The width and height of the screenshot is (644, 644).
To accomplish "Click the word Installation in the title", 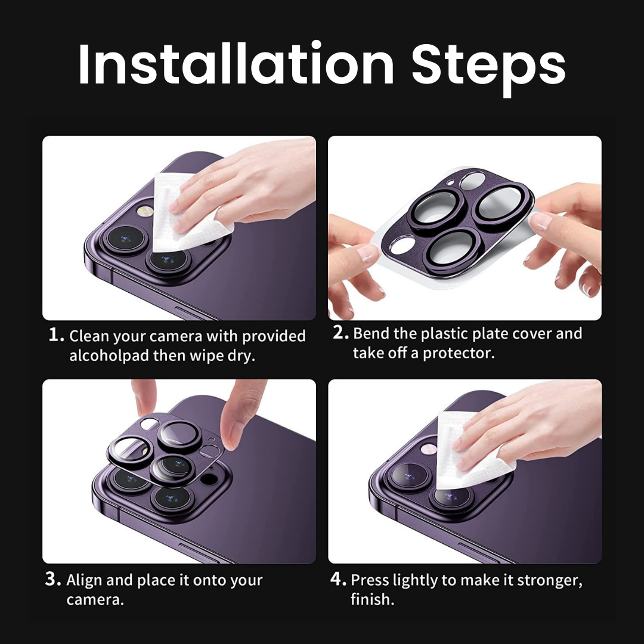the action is click(237, 64).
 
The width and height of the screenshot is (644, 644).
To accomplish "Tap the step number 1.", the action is click(56, 335).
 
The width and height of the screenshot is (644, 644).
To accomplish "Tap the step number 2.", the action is click(340, 332).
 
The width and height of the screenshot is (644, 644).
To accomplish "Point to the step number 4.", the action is click(339, 579).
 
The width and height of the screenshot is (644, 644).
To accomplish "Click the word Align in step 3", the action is click(84, 580).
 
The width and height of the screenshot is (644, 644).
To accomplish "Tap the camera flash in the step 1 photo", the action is click(144, 211).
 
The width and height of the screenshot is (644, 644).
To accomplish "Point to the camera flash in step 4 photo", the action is click(429, 449).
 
